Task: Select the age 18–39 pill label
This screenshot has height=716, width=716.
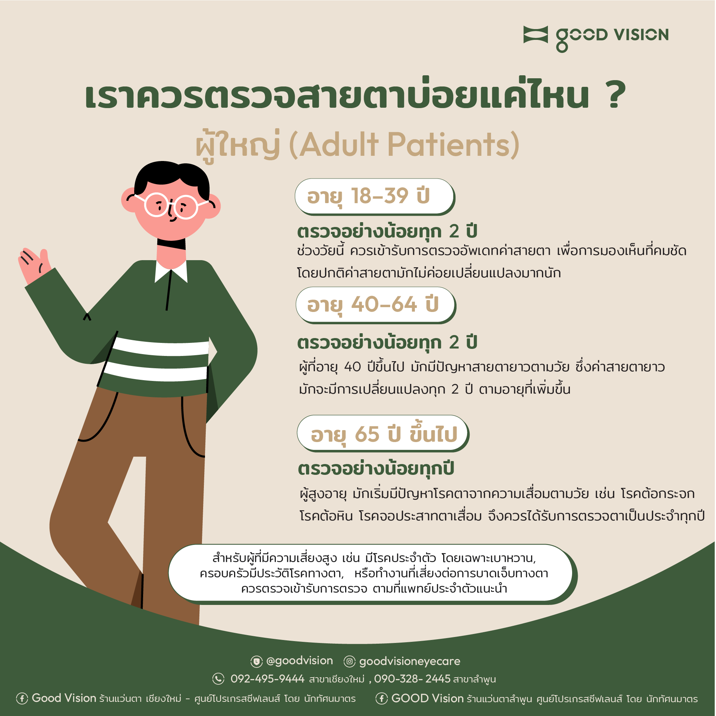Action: tap(375, 197)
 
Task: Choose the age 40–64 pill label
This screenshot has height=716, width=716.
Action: tap(376, 305)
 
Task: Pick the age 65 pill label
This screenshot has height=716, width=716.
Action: tap(383, 433)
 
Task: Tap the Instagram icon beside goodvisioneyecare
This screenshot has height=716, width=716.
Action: tap(349, 662)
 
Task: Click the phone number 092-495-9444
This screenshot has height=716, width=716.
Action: tap(267, 679)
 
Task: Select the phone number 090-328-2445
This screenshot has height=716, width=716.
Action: tap(412, 679)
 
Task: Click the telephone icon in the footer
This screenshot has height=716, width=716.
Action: tap(218, 679)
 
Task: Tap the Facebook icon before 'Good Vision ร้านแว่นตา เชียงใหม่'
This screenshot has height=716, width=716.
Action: tap(22, 698)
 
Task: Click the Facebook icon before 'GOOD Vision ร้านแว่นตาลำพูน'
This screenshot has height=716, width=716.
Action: tap(381, 698)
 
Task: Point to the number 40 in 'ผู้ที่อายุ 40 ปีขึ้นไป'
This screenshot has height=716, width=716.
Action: tap(352, 367)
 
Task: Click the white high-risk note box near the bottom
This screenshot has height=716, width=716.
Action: tap(371, 573)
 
